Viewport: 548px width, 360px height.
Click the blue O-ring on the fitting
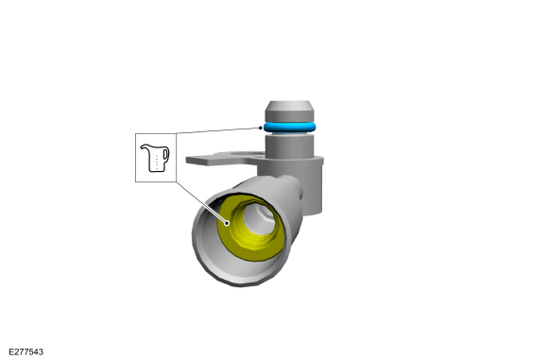pos(289,128)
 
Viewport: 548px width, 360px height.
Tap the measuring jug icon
pos(155,158)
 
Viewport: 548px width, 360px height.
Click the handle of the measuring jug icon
pos(166,155)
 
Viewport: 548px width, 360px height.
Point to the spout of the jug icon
pos(143,147)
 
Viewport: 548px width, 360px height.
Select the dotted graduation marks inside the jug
pos(157,162)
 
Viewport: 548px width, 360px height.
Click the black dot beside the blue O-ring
pos(261,128)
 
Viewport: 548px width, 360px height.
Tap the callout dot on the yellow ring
pos(227,223)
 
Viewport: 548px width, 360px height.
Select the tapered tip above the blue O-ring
pos(289,111)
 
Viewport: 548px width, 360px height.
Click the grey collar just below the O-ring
pos(289,146)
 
